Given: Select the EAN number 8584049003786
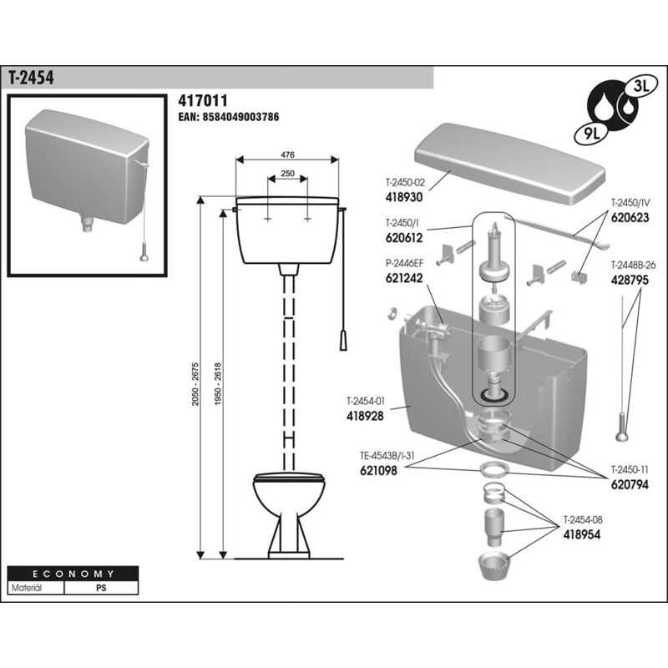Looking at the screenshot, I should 228,118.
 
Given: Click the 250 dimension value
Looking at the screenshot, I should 286,173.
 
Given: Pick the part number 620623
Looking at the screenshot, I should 631,215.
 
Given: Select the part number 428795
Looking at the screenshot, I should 630,281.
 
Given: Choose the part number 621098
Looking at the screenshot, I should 367,470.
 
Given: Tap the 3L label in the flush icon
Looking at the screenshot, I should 641,83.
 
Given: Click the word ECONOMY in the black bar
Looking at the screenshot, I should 73,574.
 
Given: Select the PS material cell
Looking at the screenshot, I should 101,588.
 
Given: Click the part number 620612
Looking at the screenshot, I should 404,237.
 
